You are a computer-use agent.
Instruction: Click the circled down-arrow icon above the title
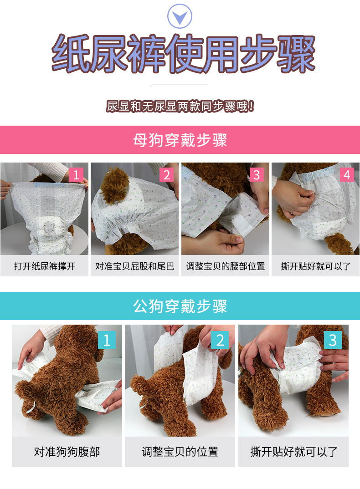pos(180,16)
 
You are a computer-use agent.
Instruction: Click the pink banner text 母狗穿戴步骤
pos(180,140)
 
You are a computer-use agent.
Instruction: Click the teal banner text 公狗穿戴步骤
pos(180,306)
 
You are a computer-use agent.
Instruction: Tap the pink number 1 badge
pos(76,175)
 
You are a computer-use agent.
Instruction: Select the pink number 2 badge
pos(167,175)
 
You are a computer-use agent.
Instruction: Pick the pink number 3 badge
pos(257,175)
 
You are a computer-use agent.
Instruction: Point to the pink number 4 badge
pos(347,175)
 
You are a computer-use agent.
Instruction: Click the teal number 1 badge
pos(107,340)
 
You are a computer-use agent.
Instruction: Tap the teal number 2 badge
pos(220,340)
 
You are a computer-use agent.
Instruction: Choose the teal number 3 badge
pos(333,340)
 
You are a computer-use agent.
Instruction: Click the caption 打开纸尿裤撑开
pos(45,266)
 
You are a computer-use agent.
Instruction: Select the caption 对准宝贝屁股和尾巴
pos(134,266)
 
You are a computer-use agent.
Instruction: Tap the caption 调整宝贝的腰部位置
pos(226,266)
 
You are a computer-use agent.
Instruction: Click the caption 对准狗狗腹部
pos(67,451)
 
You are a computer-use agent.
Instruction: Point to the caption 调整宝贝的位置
pos(180,451)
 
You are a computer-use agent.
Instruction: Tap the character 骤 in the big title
pos(296,54)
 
